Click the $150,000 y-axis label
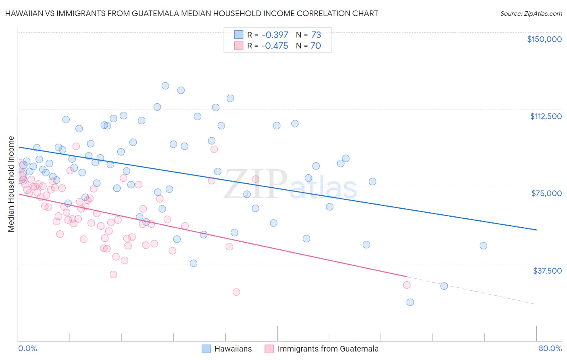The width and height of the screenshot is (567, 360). (x=544, y=39)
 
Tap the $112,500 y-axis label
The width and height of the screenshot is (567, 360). (x=546, y=116)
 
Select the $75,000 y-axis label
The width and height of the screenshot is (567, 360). (x=546, y=193)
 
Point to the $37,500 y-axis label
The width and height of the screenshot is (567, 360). (x=547, y=271)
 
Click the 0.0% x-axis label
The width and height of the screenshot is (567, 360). (x=27, y=348)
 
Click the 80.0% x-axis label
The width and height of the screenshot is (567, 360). (x=550, y=348)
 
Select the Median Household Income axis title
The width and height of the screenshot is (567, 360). (x=11, y=184)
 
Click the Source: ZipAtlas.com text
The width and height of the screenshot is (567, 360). (x=531, y=13)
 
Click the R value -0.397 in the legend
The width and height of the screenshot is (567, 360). (x=275, y=35)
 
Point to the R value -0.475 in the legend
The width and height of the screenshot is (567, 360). (x=275, y=46)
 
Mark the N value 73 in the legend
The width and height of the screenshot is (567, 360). (x=316, y=35)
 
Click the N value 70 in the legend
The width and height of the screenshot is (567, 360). (x=316, y=46)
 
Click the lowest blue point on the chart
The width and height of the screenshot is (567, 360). (x=410, y=302)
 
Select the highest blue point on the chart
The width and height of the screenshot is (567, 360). (x=165, y=86)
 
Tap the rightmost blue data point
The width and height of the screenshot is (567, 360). (x=483, y=245)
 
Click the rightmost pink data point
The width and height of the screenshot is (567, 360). (x=406, y=285)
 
